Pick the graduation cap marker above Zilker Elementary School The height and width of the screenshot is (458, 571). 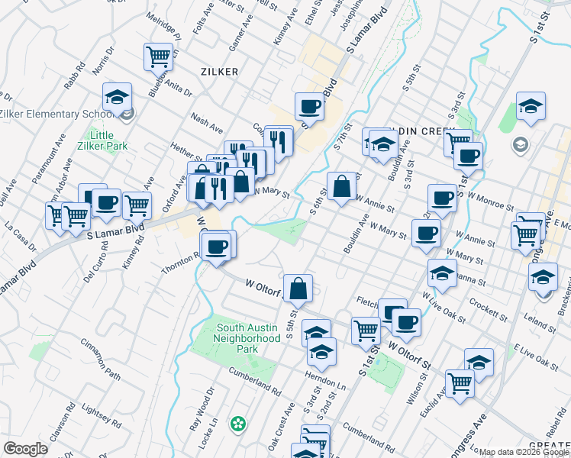pyautogui.click(x=117, y=97)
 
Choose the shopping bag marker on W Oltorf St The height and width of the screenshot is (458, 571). pyautogui.click(x=298, y=288)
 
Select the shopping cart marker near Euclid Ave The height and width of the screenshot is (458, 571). pyautogui.click(x=460, y=383)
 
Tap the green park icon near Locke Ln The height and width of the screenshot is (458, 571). pyautogui.click(x=239, y=422)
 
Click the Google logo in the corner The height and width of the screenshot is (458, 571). pyautogui.click(x=25, y=449)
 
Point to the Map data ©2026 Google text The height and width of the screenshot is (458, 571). pyautogui.click(x=524, y=452)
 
